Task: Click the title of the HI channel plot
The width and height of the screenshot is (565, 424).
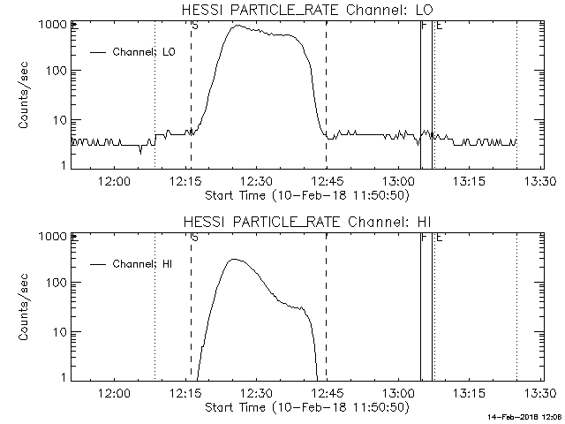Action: pos(305,221)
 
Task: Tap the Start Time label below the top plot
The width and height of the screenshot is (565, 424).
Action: pos(305,193)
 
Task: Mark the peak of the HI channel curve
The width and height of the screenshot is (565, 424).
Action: pos(234,259)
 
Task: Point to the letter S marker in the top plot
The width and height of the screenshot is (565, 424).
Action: pos(194,26)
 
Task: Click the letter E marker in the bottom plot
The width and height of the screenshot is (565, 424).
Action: pos(439,238)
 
